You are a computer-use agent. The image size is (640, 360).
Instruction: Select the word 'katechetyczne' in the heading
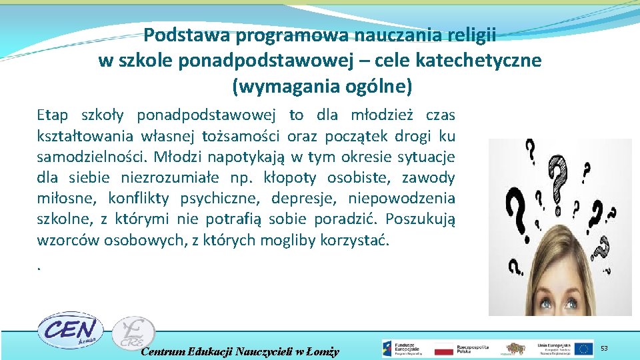(x=478, y=61)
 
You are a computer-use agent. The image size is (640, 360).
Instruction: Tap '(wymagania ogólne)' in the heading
(x=322, y=86)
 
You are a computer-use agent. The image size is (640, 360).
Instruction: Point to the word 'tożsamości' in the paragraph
(x=246, y=136)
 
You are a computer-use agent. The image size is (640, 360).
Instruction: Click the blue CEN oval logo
(x=69, y=330)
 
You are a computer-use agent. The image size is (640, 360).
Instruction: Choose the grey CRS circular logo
(x=133, y=333)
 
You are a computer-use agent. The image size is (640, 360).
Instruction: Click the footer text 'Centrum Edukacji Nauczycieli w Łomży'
(x=240, y=351)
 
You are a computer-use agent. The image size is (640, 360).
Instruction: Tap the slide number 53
(x=604, y=348)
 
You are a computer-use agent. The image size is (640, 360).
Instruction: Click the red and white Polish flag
(x=443, y=349)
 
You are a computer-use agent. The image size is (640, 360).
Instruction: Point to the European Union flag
(x=584, y=348)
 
